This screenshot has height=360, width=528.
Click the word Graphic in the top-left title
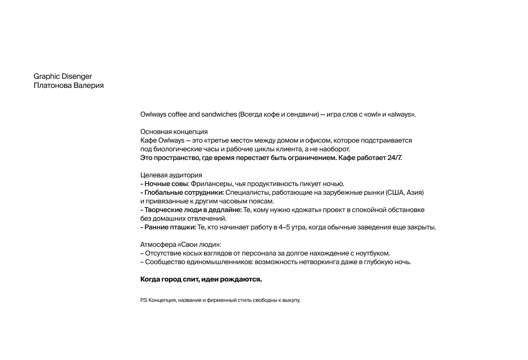pos(47,77)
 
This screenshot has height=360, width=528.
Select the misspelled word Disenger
pos(77,77)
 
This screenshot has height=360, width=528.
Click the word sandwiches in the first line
pos(219,114)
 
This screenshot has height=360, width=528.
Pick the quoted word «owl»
pos(372,114)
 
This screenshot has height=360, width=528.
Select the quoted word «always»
pos(401,114)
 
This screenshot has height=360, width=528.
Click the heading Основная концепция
pos(174,132)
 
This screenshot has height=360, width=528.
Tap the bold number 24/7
pos(394,158)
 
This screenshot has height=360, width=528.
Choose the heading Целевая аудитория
pos(171,175)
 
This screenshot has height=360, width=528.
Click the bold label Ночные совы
pos(166,184)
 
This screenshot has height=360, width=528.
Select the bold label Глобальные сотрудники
pos(184,192)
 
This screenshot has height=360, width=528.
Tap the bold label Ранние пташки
pos(170,227)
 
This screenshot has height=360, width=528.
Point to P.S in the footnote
pos(144,300)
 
